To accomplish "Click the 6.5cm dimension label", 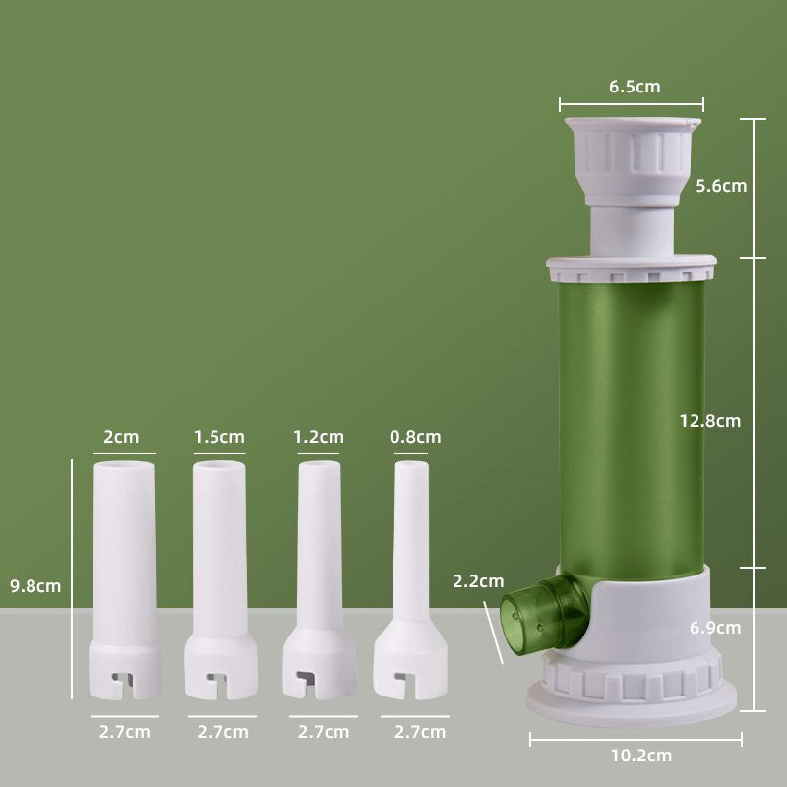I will [635, 87].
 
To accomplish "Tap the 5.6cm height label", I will [720, 185].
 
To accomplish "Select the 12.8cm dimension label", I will [709, 421].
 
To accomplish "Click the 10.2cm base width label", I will [639, 756].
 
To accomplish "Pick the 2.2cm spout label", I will [478, 581].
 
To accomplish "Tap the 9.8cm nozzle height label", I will [35, 586].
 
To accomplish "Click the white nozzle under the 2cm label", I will [124, 571].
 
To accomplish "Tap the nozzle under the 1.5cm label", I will [219, 571].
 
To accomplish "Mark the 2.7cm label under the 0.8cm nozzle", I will [420, 732].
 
